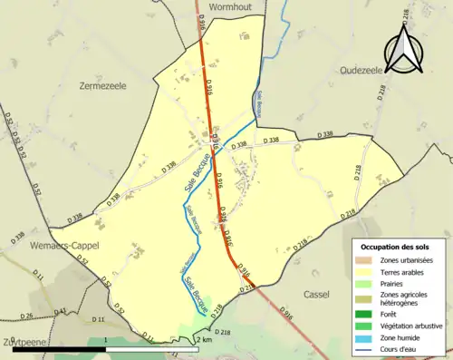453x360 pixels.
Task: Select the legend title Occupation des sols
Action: (x=396, y=246)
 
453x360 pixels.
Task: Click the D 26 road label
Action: (x=27, y=315)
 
